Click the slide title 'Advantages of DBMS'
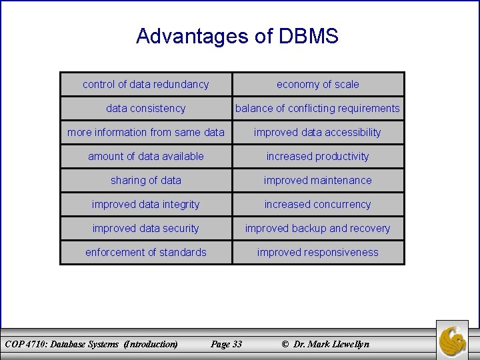click(237, 36)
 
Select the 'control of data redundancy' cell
click(145, 85)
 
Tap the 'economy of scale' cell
click(318, 85)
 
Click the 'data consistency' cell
click(145, 109)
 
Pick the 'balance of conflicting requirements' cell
click(318, 109)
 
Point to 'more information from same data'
click(145, 133)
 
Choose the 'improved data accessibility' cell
click(318, 133)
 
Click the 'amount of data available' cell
click(145, 157)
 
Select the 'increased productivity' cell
click(318, 157)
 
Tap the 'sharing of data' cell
click(145, 181)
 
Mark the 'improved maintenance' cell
click(318, 181)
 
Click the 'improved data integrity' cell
click(145, 205)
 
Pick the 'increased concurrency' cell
click(318, 205)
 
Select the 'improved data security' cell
click(145, 229)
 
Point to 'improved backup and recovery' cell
click(318, 229)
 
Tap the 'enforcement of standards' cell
click(145, 253)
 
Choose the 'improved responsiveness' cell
click(318, 253)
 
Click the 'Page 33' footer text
click(226, 344)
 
